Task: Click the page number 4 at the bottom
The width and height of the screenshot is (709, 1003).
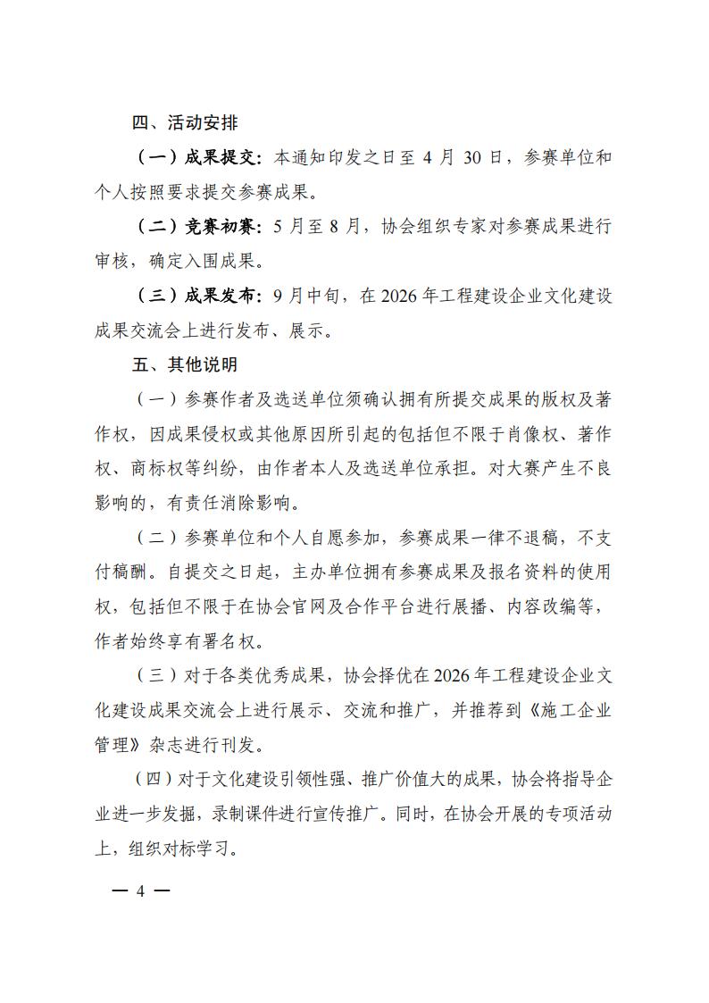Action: click(139, 891)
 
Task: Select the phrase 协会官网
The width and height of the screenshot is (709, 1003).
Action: click(322, 607)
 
